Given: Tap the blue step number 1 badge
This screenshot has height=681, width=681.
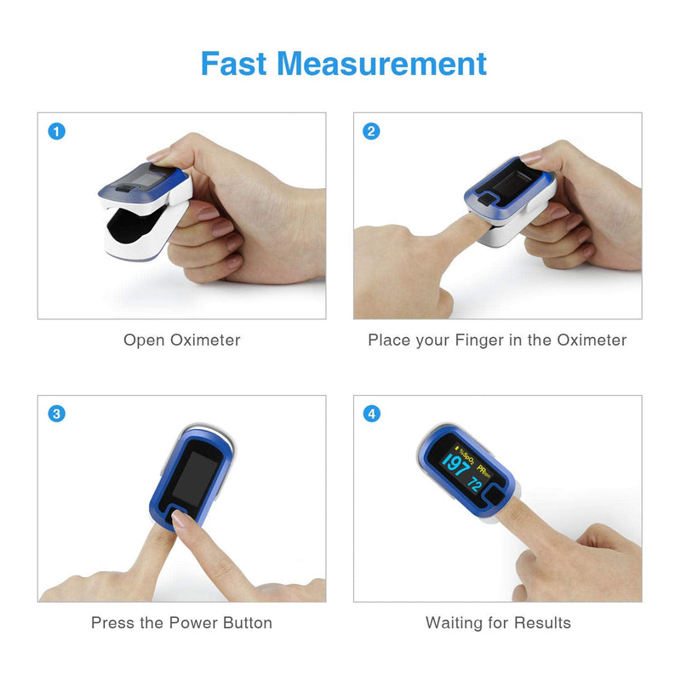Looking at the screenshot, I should [x=56, y=131].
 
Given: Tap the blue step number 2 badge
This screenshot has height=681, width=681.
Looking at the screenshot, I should [x=371, y=131].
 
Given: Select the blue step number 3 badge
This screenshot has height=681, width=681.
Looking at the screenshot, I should [x=56, y=414].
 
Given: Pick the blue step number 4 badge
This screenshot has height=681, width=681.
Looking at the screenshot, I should [x=371, y=414].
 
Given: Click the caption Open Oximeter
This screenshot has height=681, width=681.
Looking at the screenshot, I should [x=181, y=340].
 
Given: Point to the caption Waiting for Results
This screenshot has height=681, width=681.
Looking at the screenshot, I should [x=498, y=623].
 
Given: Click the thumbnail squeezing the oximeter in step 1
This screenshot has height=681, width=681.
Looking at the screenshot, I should [x=162, y=157].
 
